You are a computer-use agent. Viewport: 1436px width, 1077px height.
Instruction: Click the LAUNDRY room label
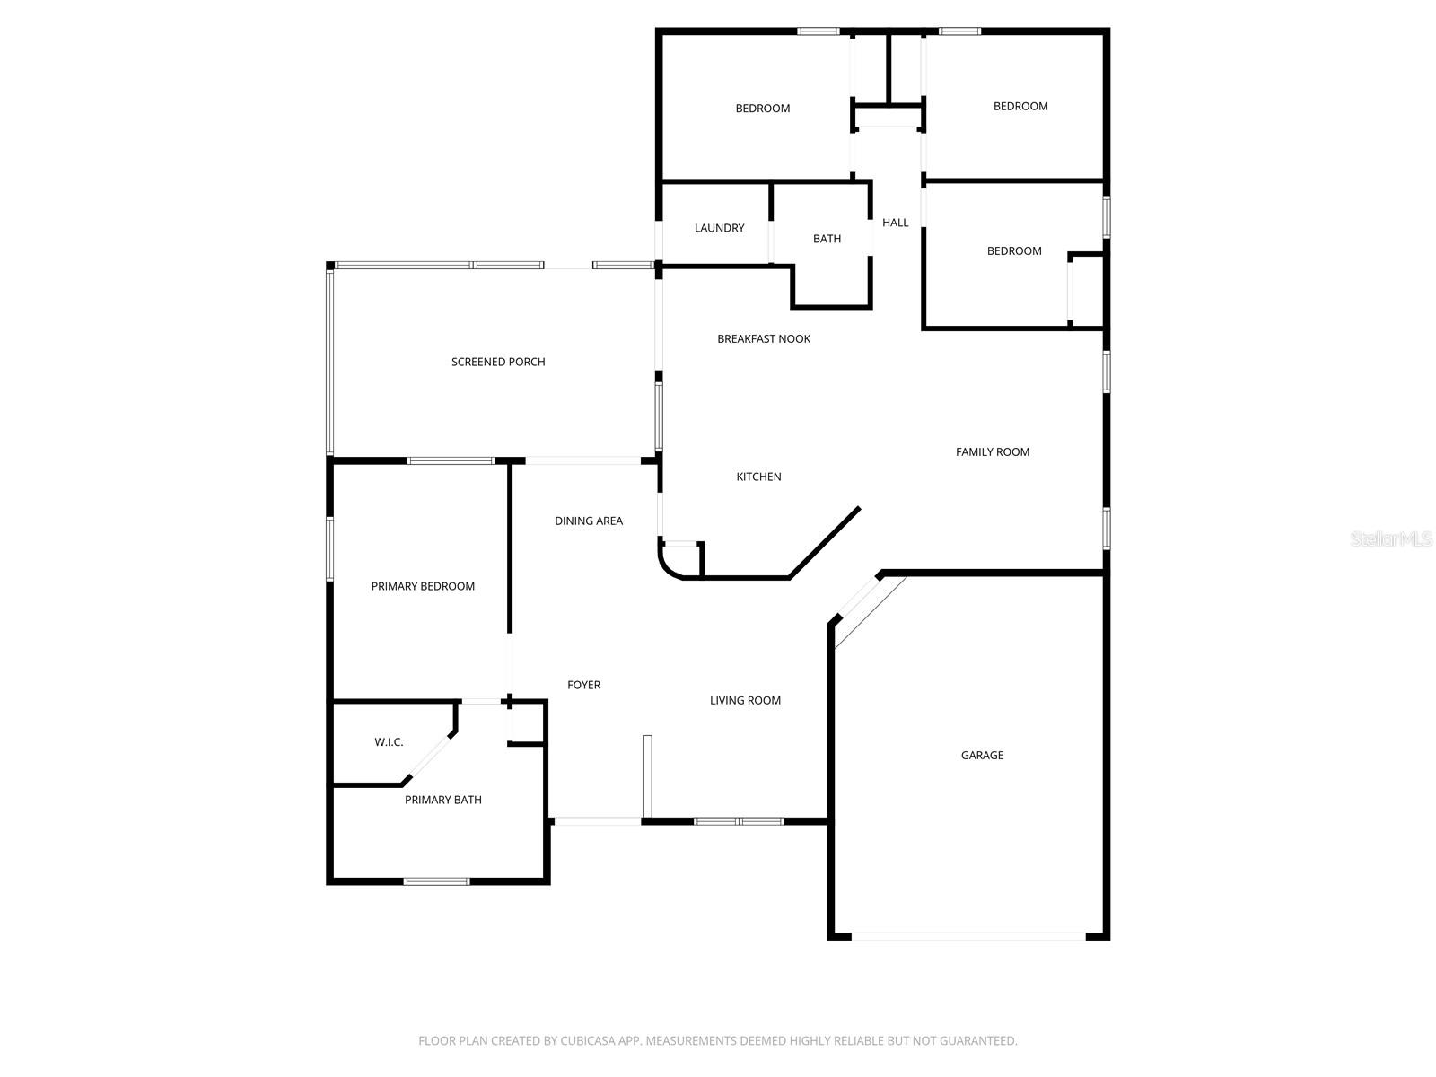pyautogui.click(x=719, y=228)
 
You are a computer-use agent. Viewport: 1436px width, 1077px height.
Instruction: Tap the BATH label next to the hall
pyautogui.click(x=827, y=239)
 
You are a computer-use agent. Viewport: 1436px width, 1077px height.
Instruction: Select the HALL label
pyautogui.click(x=895, y=223)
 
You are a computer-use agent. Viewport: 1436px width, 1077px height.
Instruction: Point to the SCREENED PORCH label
pyautogui.click(x=498, y=362)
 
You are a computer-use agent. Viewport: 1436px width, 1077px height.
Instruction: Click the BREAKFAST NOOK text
pyautogui.click(x=764, y=338)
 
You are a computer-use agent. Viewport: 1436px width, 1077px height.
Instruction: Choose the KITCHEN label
pyautogui.click(x=758, y=477)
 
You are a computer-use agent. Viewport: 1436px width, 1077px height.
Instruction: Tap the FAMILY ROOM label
pyautogui.click(x=992, y=451)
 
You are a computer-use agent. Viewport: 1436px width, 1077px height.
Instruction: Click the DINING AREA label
pyautogui.click(x=588, y=521)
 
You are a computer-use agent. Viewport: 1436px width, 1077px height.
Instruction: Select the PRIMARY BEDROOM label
pyautogui.click(x=423, y=586)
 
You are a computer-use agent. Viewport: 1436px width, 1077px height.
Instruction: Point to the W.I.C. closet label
pyautogui.click(x=389, y=742)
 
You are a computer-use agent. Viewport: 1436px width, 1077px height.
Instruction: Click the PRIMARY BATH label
pyautogui.click(x=442, y=800)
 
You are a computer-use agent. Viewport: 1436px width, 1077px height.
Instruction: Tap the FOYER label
pyautogui.click(x=583, y=685)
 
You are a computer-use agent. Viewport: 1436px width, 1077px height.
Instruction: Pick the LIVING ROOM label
pyautogui.click(x=745, y=700)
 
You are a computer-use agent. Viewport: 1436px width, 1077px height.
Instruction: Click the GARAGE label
pyautogui.click(x=982, y=755)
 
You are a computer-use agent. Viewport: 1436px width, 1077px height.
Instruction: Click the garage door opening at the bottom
pyautogui.click(x=968, y=936)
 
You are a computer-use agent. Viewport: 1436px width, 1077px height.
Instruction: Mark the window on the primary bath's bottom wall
pyautogui.click(x=436, y=881)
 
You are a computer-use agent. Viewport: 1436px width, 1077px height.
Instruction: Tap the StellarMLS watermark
pyautogui.click(x=1391, y=539)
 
